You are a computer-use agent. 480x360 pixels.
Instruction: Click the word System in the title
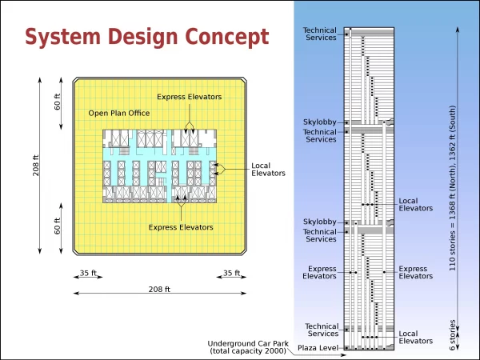pos(62,37)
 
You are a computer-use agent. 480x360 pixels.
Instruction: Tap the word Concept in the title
pos(227,37)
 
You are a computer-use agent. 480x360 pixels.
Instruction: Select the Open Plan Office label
pos(119,114)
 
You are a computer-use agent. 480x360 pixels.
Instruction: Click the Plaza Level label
pos(318,348)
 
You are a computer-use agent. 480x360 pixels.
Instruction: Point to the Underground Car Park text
pos(248,343)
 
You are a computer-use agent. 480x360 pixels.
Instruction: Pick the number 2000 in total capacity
pos(274,351)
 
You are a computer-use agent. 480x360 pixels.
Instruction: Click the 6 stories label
pos(452,335)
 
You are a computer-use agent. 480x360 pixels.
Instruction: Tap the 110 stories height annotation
pos(452,188)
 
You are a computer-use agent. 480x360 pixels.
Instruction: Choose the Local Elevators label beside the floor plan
pos(268,170)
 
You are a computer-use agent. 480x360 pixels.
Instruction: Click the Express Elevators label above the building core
pos(189,97)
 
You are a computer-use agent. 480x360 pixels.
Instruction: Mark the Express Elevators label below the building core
pos(181,227)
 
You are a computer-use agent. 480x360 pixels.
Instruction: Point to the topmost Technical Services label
pos(319,34)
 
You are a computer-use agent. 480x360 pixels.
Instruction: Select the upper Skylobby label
pos(319,122)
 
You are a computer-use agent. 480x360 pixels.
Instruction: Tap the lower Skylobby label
pos(319,222)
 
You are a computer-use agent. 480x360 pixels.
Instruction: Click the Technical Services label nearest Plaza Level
pos(322,330)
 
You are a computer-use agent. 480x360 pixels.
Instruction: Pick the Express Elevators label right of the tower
pos(415,272)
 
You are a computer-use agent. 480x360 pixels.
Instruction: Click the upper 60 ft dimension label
pos(58,102)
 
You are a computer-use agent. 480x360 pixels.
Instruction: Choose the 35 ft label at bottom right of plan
pos(231,273)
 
